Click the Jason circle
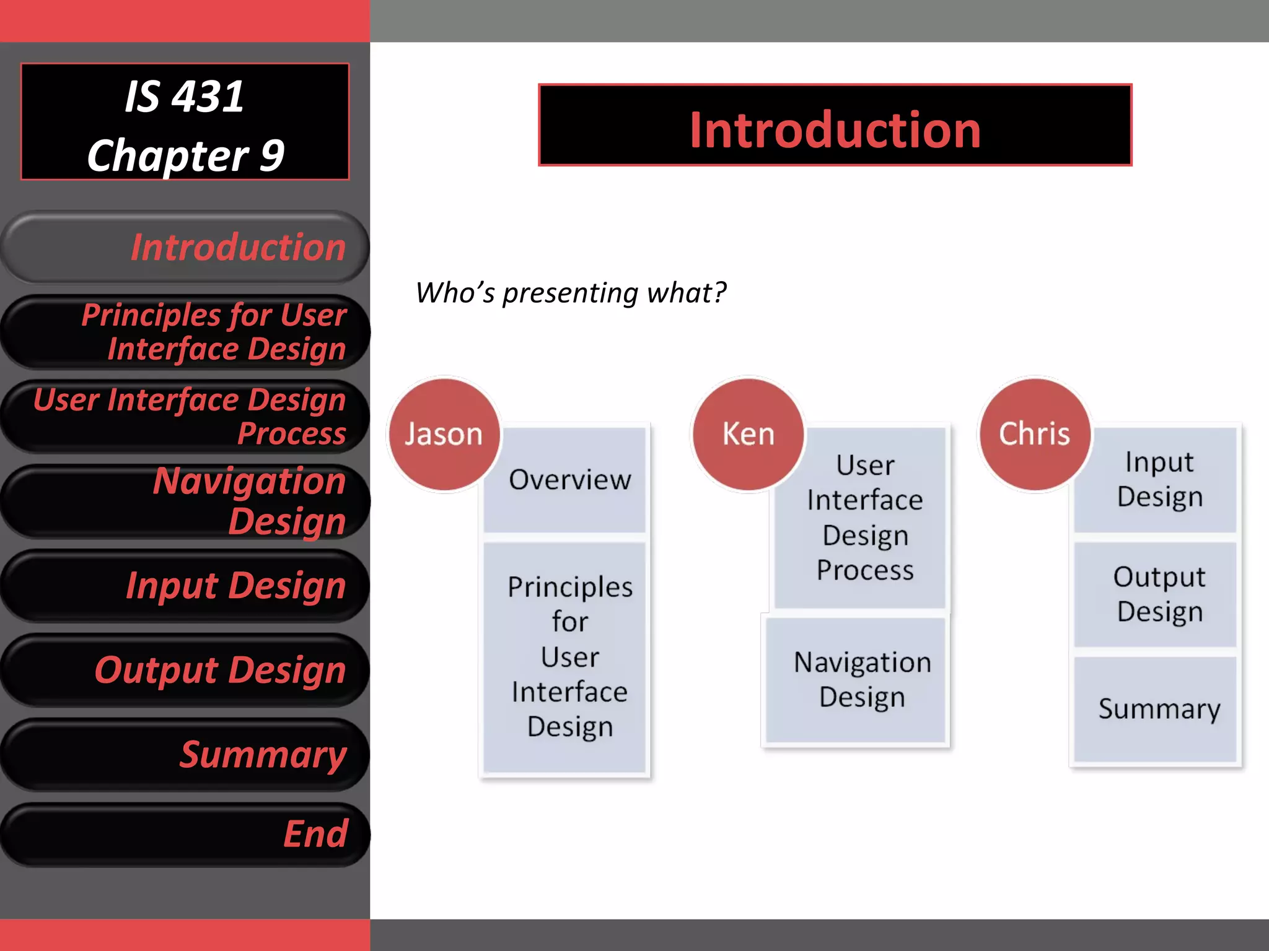click(x=444, y=434)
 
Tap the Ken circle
click(x=748, y=434)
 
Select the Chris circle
click(x=1034, y=434)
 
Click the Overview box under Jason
click(x=569, y=480)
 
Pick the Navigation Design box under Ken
click(x=861, y=680)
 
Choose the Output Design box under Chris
click(x=1159, y=594)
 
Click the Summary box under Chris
click(x=1159, y=709)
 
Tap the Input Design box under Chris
click(x=1159, y=479)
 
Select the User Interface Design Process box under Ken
click(x=864, y=518)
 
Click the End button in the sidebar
click(x=186, y=834)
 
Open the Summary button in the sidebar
click(x=186, y=755)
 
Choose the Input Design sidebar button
click(x=186, y=586)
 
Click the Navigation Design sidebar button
click(x=186, y=501)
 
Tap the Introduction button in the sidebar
click(x=186, y=248)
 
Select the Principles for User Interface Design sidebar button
click(x=186, y=332)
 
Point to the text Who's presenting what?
click(x=570, y=292)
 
